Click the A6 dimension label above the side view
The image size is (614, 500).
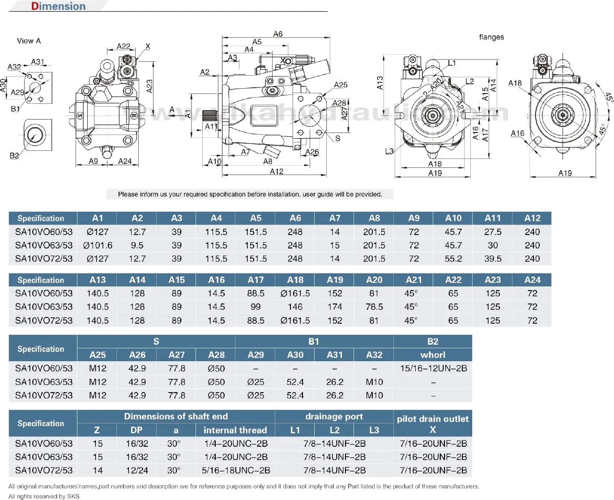point(278,34)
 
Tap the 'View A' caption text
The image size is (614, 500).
point(29,41)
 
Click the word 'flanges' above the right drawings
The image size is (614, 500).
point(491,37)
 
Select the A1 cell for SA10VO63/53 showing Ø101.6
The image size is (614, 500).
point(98,245)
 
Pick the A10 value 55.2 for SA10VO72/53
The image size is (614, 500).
point(453,259)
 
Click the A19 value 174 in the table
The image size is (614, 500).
point(335,307)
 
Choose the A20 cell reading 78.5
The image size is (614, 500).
point(374,307)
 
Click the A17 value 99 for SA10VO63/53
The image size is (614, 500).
point(256,307)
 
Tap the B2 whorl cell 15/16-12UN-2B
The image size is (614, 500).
point(433,368)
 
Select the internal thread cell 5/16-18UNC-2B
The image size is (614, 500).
point(236,470)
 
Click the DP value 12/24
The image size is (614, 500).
point(137,470)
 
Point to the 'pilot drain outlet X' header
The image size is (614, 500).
point(433,424)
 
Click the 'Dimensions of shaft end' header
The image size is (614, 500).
point(176,416)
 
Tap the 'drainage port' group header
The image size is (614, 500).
point(334,417)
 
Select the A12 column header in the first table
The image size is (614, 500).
point(532,218)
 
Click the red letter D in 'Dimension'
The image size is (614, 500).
point(34,6)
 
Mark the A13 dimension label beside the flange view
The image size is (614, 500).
point(380,83)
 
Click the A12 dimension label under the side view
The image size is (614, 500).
point(277,171)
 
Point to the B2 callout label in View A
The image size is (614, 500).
point(14,156)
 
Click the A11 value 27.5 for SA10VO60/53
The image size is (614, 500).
point(493,232)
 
